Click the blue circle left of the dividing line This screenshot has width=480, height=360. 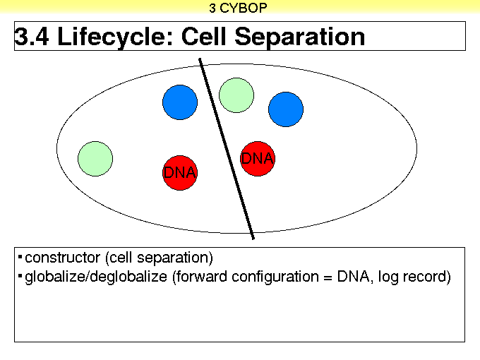pyautogui.click(x=180, y=102)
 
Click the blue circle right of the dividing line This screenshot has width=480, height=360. pyautogui.click(x=286, y=109)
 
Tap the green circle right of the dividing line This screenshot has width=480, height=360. pyautogui.click(x=236, y=95)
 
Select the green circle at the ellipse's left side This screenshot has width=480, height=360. pyautogui.click(x=95, y=159)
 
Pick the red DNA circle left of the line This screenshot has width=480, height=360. pyautogui.click(x=180, y=173)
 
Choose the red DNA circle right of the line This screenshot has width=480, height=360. pyautogui.click(x=258, y=159)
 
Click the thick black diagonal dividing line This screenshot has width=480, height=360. pyautogui.click(x=227, y=149)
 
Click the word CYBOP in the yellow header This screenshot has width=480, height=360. pyautogui.click(x=244, y=8)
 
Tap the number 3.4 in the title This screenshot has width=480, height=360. pyautogui.click(x=32, y=37)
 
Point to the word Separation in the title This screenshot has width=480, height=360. pyautogui.click(x=300, y=37)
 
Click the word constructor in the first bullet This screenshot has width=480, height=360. pyautogui.click(x=62, y=258)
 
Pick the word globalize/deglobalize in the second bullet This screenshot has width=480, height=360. pyautogui.click(x=96, y=277)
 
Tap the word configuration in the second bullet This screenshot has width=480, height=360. pyautogui.click(x=275, y=277)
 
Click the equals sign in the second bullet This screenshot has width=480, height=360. pyautogui.click(x=328, y=277)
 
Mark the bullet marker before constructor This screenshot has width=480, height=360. pyautogui.click(x=20, y=256)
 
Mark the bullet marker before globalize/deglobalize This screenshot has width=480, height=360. pyautogui.click(x=20, y=276)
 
